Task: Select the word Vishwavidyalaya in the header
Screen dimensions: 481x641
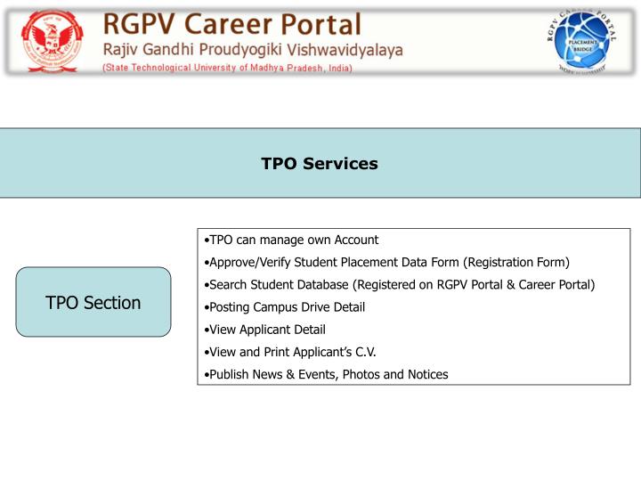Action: (x=347, y=49)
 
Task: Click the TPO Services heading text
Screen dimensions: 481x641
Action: (x=320, y=164)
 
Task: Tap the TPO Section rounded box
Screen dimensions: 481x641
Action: (x=93, y=303)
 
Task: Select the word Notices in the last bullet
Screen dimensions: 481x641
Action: (x=426, y=374)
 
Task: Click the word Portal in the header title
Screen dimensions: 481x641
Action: (x=318, y=23)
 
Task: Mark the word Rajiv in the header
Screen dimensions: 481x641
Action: (x=123, y=49)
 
